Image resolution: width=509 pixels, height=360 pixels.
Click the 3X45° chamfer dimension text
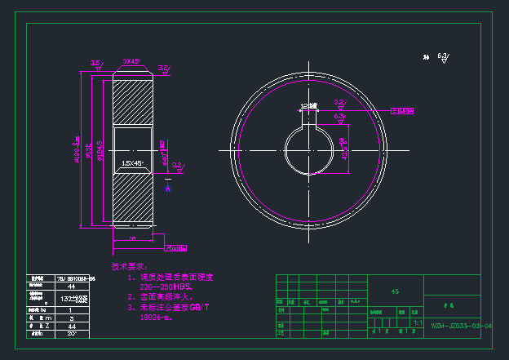click(130, 61)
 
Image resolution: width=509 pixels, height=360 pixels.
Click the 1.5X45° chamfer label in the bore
click(131, 163)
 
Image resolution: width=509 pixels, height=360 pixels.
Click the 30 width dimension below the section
click(132, 238)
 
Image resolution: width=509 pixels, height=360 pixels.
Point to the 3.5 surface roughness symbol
click(96, 64)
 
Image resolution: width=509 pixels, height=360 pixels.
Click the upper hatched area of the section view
click(131, 102)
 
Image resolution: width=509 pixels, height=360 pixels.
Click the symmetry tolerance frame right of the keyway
click(403, 109)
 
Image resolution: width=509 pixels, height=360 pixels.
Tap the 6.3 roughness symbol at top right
click(443, 56)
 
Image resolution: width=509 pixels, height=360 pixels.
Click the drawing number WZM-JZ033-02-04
click(461, 326)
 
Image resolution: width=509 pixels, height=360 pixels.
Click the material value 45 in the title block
click(395, 291)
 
